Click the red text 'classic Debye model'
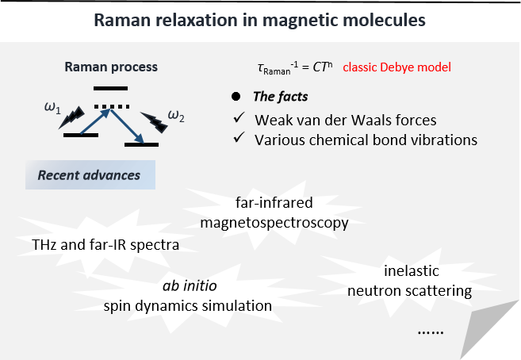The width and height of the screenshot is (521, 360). [397, 68]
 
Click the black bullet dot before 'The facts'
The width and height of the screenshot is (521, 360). [235, 97]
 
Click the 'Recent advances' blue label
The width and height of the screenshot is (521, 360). [89, 174]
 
